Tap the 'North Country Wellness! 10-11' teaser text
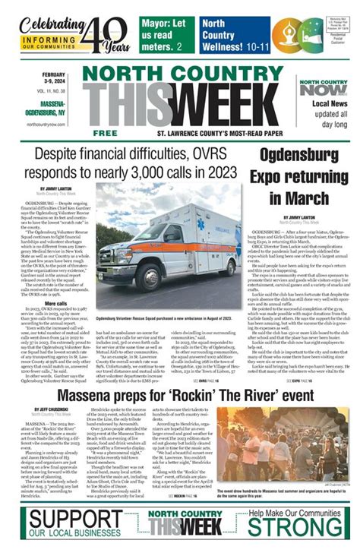[x=229, y=34]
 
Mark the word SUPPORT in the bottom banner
[x=68, y=522]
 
